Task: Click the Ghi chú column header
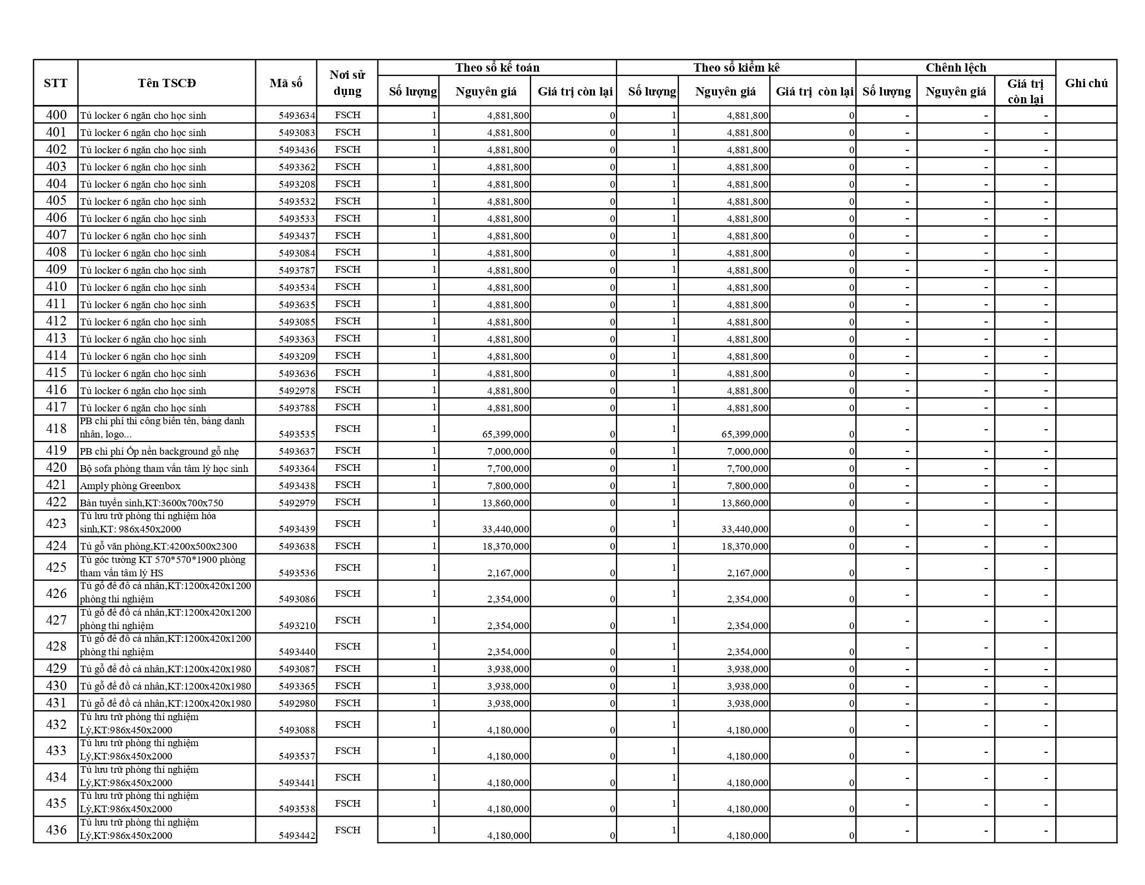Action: pos(1086,83)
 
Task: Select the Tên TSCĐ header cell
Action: pos(167,83)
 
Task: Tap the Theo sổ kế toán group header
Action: pos(497,68)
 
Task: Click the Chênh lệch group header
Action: pos(955,68)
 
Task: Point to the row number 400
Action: pos(56,115)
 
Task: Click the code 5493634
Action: pos(296,116)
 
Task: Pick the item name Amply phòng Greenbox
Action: pos(130,486)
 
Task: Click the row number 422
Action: pos(56,502)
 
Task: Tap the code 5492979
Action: pos(296,503)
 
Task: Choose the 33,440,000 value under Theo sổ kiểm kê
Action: pos(745,529)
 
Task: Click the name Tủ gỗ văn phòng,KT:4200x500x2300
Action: pos(158,546)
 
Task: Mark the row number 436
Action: pos(56,830)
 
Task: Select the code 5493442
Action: pos(296,836)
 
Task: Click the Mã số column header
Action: pos(286,83)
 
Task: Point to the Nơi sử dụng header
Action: pos(347,83)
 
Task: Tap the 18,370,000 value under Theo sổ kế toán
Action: pos(506,546)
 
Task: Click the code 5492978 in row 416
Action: pos(296,391)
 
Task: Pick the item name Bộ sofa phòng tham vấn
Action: pos(164,469)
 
